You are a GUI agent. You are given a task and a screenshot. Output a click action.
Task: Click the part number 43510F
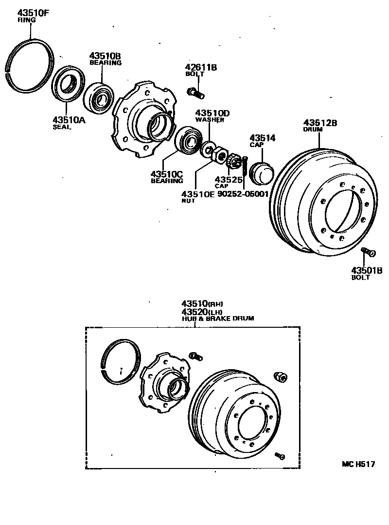click(x=34, y=13)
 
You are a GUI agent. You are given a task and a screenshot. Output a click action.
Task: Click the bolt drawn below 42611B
click(x=195, y=90)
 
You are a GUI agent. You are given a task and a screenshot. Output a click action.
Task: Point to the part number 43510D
click(x=212, y=113)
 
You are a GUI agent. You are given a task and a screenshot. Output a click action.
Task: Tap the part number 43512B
click(x=320, y=123)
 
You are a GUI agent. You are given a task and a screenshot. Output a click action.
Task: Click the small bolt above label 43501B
click(x=369, y=252)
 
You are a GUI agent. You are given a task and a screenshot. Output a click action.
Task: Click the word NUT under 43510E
click(x=189, y=201)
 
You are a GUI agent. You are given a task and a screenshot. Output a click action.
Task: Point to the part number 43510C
click(x=166, y=174)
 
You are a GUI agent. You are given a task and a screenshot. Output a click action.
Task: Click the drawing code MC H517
click(x=358, y=464)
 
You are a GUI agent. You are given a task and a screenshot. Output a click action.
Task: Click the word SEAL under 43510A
click(x=62, y=127)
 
